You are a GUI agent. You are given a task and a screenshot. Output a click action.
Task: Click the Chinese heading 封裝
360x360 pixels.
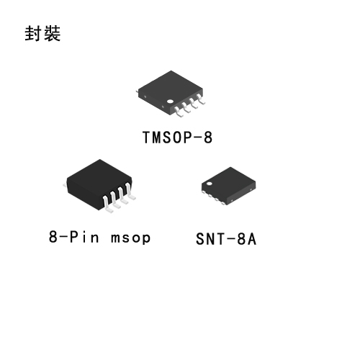(42, 33)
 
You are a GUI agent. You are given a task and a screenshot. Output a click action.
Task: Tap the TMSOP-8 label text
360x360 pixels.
(178, 138)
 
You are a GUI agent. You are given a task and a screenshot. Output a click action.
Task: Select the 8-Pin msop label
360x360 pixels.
(99, 237)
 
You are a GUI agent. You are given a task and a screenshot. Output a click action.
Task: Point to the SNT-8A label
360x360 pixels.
(226, 239)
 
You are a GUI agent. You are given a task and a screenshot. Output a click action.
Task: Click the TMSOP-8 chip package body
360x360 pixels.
(171, 92)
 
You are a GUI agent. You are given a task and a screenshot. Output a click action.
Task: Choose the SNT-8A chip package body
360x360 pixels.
(228, 186)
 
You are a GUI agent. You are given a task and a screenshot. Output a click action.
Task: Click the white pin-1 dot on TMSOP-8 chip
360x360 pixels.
(170, 102)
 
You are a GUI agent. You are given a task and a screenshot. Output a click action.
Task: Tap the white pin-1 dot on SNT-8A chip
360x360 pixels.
(210, 184)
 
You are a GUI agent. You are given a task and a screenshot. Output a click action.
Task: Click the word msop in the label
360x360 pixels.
(131, 238)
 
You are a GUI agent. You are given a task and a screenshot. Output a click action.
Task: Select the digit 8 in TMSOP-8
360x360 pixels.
(208, 138)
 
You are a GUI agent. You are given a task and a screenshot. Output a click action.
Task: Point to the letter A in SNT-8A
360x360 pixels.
(252, 239)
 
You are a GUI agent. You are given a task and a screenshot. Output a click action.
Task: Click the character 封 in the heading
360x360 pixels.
(32, 33)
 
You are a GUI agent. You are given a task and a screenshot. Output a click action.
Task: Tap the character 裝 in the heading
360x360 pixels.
(52, 33)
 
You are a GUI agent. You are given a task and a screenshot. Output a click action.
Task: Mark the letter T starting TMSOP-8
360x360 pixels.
(147, 138)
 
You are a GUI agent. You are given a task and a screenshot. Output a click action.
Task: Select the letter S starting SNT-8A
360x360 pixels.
(200, 239)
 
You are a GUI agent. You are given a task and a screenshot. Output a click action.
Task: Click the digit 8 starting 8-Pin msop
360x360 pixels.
(53, 237)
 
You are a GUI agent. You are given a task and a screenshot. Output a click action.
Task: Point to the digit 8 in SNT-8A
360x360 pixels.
(241, 239)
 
